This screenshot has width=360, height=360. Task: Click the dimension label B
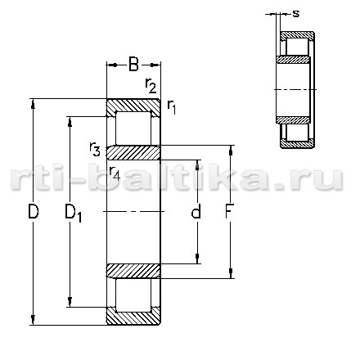click(x=133, y=65)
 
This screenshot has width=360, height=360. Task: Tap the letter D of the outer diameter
click(x=34, y=212)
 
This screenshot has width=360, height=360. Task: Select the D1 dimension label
click(x=73, y=214)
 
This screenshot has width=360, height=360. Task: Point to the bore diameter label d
click(x=196, y=211)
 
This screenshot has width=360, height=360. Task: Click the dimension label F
click(x=230, y=211)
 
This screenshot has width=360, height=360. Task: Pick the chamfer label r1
click(x=172, y=107)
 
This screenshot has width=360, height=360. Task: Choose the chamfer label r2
click(x=151, y=85)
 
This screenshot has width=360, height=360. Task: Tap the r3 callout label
click(x=95, y=149)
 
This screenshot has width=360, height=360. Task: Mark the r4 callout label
click(x=115, y=173)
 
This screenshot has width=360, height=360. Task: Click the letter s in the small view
click(x=296, y=13)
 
